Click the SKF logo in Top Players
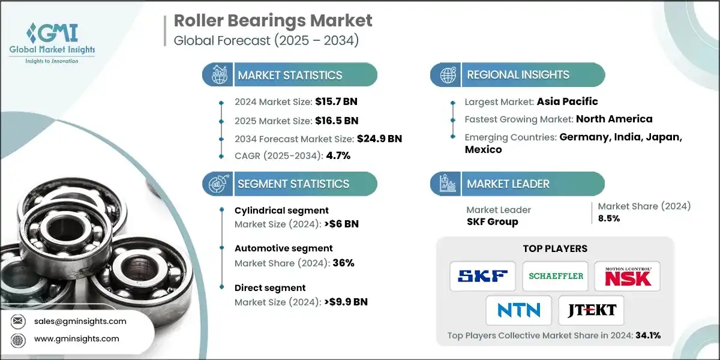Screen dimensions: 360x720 click(x=482, y=276)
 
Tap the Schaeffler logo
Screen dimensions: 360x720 click(x=556, y=276)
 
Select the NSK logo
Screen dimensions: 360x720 click(x=627, y=276)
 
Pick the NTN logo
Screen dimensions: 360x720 click(x=519, y=310)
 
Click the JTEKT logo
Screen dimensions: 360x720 click(x=591, y=310)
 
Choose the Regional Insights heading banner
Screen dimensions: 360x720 click(x=518, y=75)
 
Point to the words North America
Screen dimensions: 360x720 click(x=614, y=119)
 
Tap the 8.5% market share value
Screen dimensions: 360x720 click(x=609, y=218)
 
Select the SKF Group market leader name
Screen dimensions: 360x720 click(x=493, y=221)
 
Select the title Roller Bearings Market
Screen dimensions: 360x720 click(x=273, y=20)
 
